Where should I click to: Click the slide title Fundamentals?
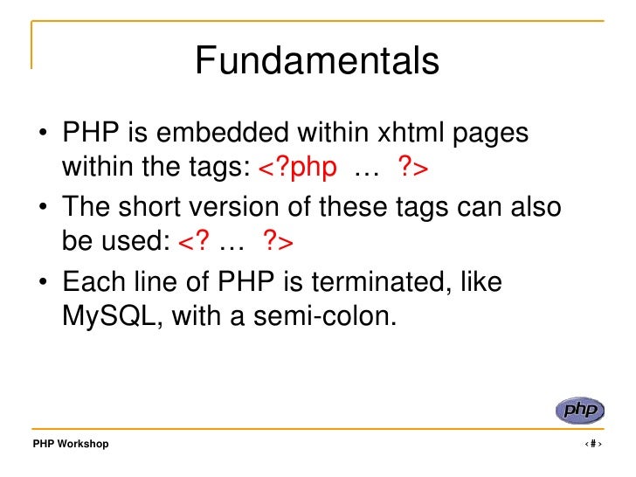317,62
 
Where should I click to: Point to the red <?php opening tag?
297,167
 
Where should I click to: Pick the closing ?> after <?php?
412,167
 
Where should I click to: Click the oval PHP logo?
579,410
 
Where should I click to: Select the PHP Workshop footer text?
71,444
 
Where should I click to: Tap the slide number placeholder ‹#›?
593,444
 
